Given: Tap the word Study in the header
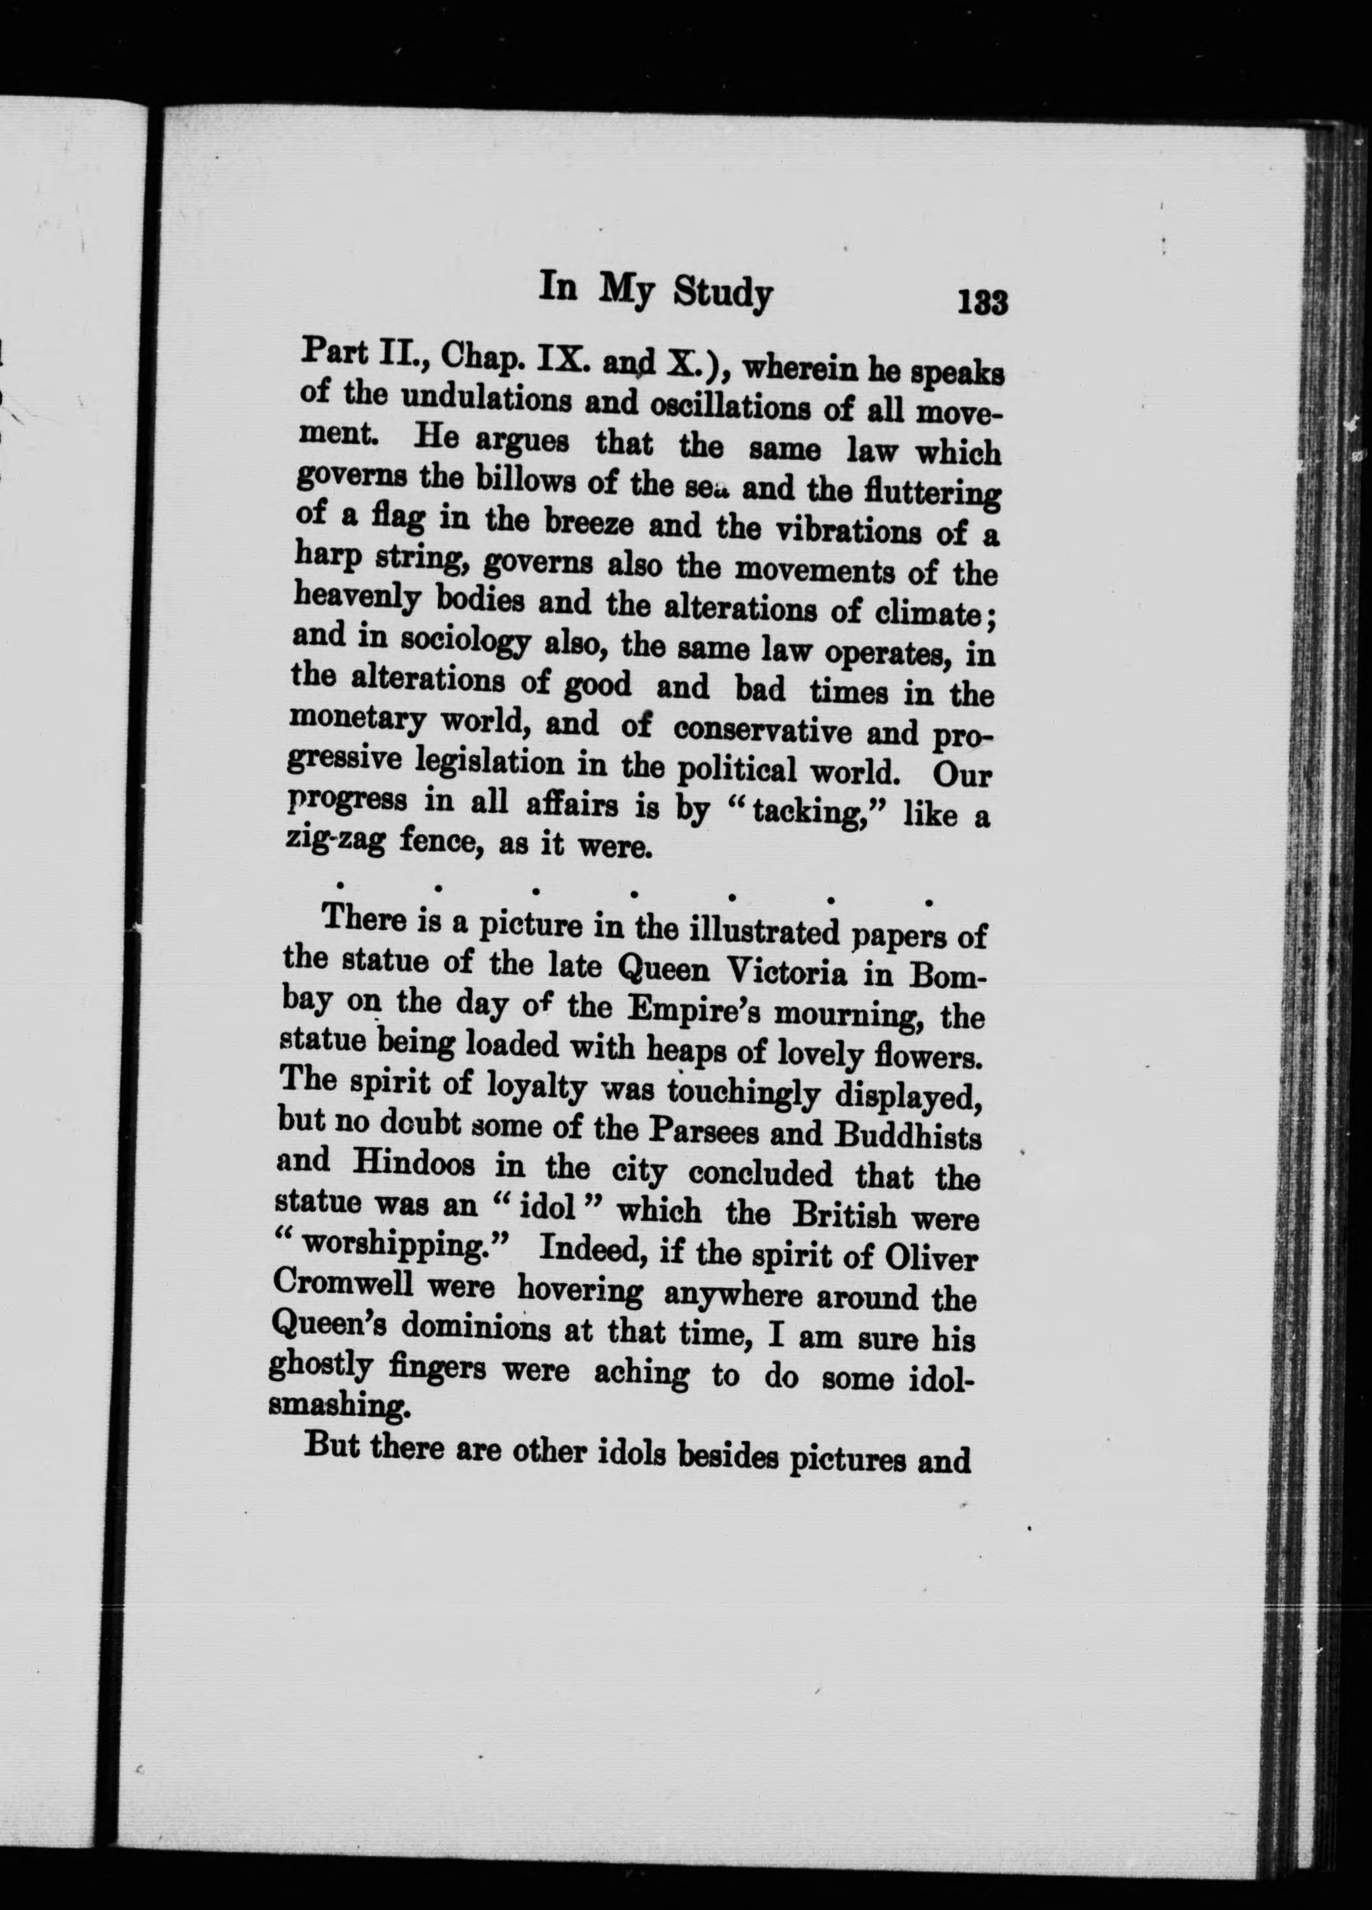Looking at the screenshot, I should click(723, 295).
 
